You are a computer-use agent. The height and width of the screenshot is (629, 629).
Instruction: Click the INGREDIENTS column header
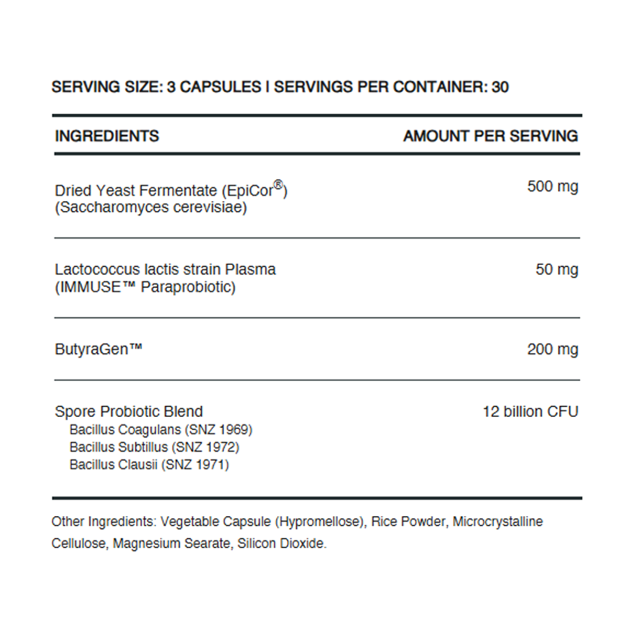point(107,136)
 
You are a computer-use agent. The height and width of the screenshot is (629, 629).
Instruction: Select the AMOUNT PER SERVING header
point(490,136)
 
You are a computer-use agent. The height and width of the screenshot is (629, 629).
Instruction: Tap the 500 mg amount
point(552,187)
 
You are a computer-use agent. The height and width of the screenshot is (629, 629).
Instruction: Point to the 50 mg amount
point(557,270)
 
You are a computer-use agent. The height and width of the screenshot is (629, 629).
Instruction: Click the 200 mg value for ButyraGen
point(552,350)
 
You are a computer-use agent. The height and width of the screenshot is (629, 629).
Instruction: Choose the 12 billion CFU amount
point(530,412)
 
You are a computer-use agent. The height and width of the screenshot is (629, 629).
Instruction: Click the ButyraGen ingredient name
point(99,350)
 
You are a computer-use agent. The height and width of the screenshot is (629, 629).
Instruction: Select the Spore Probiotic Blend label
point(129,412)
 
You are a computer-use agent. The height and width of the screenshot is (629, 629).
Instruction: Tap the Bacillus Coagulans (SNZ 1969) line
point(161,430)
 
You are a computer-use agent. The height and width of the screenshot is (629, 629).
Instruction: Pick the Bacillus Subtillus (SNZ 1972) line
point(154,447)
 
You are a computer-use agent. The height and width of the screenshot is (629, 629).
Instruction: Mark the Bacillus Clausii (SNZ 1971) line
point(149,464)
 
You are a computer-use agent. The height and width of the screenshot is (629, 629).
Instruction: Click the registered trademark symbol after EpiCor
point(279,185)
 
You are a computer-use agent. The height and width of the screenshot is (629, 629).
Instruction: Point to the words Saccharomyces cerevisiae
point(151,208)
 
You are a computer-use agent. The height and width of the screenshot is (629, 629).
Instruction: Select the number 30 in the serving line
point(500,87)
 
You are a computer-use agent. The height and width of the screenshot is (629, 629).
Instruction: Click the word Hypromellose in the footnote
point(320,522)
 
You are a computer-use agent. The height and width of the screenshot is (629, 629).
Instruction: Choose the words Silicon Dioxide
point(281,544)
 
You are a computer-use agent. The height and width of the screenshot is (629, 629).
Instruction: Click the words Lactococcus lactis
point(111,270)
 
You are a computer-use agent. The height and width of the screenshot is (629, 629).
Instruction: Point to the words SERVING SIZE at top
point(107,87)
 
